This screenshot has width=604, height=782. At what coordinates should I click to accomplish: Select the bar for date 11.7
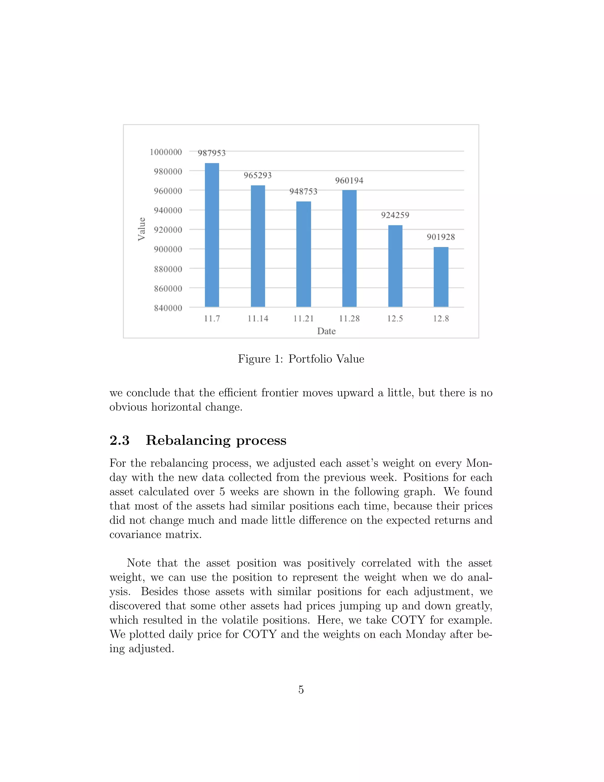tap(212, 235)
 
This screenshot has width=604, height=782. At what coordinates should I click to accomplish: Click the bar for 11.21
tap(303, 254)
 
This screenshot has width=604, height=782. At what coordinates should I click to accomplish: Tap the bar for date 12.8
tap(441, 277)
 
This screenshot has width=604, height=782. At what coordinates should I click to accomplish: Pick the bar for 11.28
tap(349, 248)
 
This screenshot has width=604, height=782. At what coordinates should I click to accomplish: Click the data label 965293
tap(258, 176)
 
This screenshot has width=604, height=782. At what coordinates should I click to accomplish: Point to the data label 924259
tap(395, 215)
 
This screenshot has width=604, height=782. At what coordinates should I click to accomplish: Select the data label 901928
tap(441, 237)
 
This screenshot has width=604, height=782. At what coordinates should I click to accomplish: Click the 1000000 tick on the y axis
tap(166, 152)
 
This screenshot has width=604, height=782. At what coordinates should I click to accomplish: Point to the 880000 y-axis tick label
tap(168, 269)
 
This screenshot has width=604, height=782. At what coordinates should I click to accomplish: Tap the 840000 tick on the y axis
tap(168, 308)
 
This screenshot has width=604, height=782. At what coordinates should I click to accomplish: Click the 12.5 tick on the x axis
tap(395, 319)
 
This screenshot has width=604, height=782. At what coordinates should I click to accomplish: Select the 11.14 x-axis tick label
tap(258, 319)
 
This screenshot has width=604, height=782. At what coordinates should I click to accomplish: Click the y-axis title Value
tap(142, 229)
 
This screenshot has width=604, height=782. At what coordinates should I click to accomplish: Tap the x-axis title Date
tap(326, 331)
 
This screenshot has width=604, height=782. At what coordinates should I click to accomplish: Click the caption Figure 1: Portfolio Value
tap(301, 359)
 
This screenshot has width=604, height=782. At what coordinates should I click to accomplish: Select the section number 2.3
tap(119, 440)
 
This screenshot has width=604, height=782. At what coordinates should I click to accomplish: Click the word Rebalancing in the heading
tap(188, 440)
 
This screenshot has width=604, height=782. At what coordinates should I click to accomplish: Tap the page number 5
tap(301, 690)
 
